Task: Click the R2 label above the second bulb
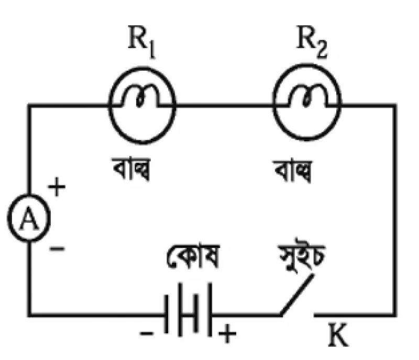coord(312,41)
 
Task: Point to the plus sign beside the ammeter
coord(57,187)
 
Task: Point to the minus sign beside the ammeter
coord(57,249)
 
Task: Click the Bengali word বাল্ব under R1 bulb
coord(131,169)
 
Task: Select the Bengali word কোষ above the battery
coord(193,255)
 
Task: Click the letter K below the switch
coord(338,334)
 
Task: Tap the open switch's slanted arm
coord(296,295)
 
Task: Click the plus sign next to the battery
coord(227,333)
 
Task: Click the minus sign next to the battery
coord(147,333)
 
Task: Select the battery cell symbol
coord(189,309)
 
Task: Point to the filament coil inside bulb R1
coord(140,96)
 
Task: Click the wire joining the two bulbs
coord(224,106)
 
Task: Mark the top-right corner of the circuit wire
coord(395,106)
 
